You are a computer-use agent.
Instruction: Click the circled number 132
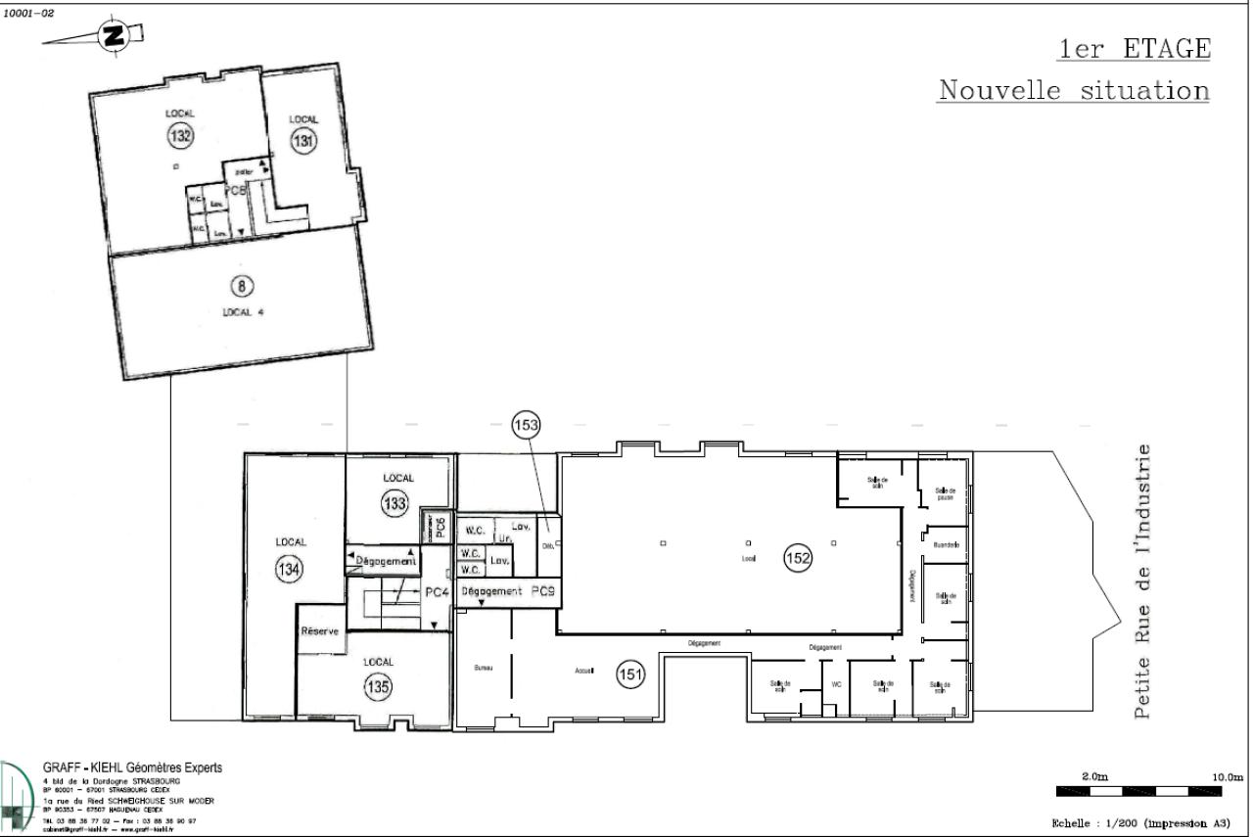[179, 136]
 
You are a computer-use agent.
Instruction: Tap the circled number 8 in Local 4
[240, 286]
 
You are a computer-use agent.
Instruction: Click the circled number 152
[798, 558]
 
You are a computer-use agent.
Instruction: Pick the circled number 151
[630, 674]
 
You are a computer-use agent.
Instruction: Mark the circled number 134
[290, 568]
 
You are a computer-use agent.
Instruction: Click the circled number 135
[378, 687]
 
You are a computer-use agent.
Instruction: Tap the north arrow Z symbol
[115, 37]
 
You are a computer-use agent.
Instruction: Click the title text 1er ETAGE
[1134, 48]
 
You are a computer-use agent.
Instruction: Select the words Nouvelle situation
[1073, 90]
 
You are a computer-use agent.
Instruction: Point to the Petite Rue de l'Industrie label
[1141, 581]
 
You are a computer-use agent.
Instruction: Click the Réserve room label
[320, 631]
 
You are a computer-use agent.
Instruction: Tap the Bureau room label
[483, 668]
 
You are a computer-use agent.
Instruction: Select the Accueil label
[584, 672]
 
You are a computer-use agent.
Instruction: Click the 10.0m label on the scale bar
[1227, 776]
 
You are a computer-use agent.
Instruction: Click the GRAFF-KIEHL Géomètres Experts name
[132, 767]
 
